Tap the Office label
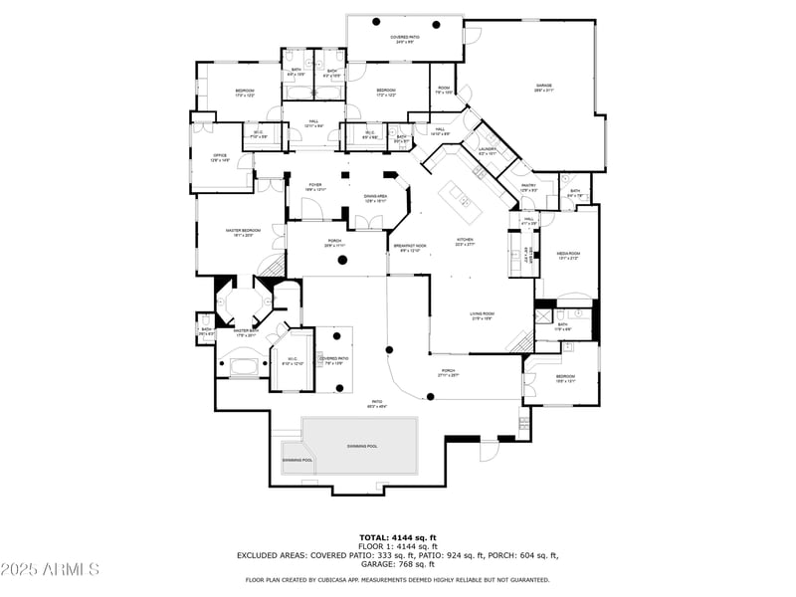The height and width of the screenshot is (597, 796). point(220,157)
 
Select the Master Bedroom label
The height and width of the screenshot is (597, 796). point(243,232)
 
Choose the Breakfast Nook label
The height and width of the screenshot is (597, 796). point(409,247)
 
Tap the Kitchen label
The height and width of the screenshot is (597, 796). point(465,242)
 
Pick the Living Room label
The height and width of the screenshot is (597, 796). point(483,315)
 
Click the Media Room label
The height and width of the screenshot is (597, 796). point(567,255)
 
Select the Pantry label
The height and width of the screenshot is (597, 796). point(529,186)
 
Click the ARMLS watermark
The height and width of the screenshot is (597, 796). point(50,570)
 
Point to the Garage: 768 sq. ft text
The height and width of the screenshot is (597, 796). point(397,564)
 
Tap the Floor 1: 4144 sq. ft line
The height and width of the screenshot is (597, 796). point(398,547)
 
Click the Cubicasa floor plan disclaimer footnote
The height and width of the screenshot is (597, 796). point(398,579)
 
